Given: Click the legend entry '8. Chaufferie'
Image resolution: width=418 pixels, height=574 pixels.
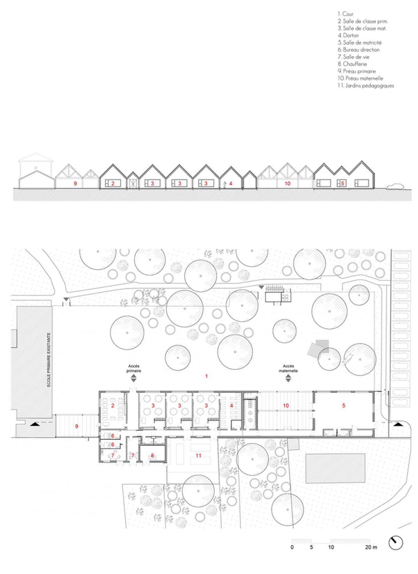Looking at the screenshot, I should pos(352,64).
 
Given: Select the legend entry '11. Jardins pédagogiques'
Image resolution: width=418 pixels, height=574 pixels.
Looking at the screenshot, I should pos(366,86).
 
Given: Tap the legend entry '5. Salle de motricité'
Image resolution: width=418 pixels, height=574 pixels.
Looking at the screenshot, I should pos(359,42).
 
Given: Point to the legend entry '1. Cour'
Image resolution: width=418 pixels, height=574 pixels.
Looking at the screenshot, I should pos(346,14).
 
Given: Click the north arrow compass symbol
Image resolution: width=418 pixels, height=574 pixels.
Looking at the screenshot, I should pos(395,543).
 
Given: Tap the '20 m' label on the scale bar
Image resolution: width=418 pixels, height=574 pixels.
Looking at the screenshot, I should pos(371,547).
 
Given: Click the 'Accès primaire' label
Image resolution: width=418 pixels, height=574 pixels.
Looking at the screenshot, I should pos(134,369).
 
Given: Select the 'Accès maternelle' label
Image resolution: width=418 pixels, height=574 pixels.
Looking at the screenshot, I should pos(288,369).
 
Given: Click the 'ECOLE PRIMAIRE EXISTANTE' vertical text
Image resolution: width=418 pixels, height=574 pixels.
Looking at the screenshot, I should pos(49,359).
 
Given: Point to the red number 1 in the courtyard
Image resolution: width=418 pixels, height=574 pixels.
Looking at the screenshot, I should pos(207,376).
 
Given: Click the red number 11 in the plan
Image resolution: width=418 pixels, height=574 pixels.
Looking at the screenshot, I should pos(199,455).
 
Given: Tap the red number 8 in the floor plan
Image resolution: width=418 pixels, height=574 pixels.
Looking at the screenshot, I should pos(152,455).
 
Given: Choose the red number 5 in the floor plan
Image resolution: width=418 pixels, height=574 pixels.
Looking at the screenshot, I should pos(344,405).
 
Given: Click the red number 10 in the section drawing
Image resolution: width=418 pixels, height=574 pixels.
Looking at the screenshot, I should pos(287,183).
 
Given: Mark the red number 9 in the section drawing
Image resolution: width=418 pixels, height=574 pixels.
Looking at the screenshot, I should pos(75,183).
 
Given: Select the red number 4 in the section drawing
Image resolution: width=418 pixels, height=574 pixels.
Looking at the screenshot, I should pos(231,183).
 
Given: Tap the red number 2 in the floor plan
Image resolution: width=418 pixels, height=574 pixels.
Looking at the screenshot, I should pos(113,406).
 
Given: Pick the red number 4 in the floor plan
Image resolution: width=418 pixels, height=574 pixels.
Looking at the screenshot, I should pos(231,406).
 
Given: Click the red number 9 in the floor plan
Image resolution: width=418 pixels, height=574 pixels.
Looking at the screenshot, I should pos(77,426).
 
